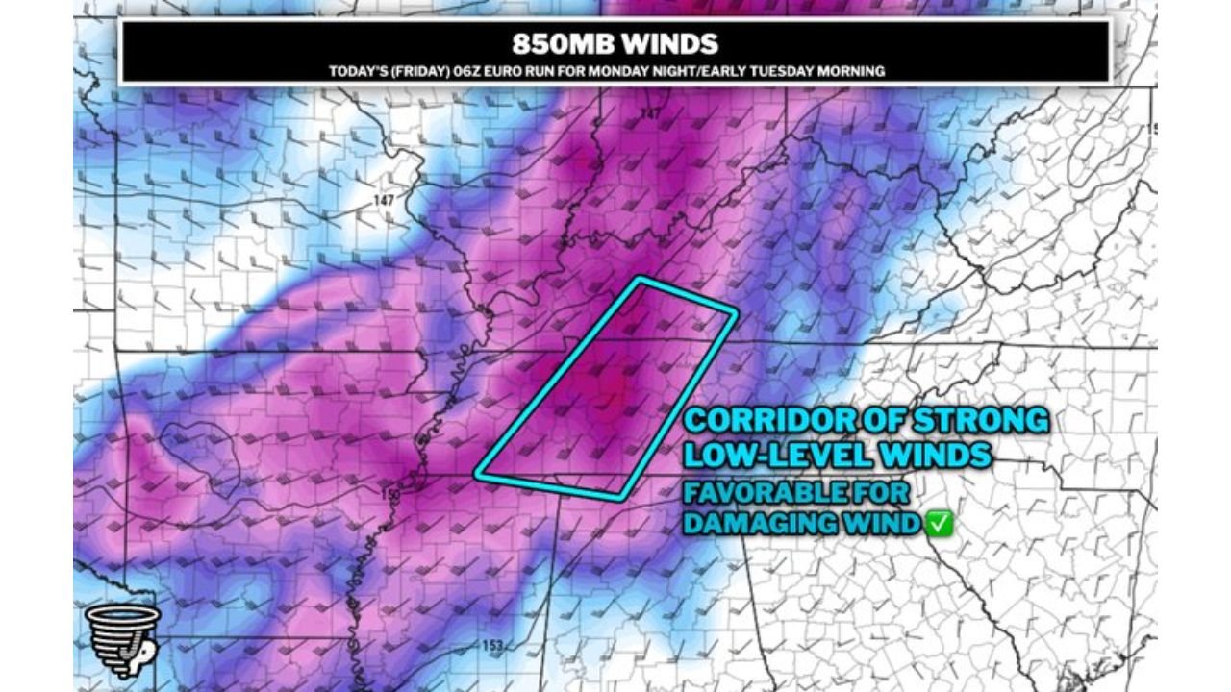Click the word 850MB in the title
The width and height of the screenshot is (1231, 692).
point(562,44)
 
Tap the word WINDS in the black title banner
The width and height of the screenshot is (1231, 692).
point(669,44)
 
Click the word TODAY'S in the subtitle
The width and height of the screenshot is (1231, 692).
point(354,71)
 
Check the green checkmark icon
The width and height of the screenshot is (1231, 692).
point(940,525)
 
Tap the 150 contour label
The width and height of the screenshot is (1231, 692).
point(390,494)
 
